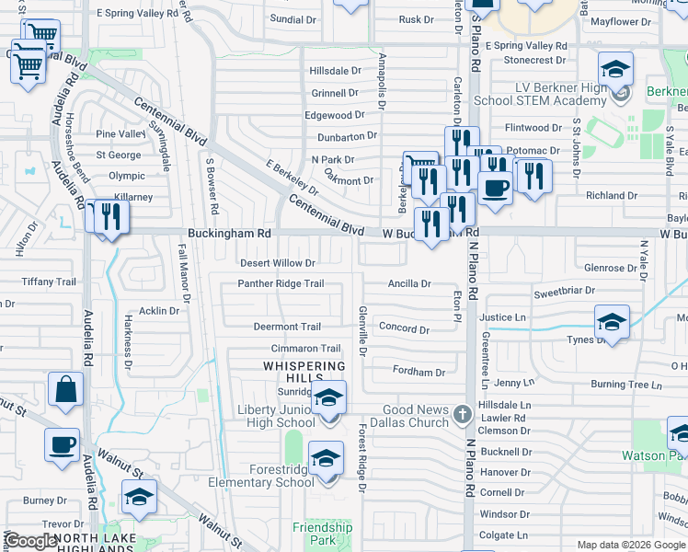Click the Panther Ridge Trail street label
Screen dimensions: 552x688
pos(281,283)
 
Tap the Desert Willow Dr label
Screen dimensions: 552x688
pos(278,263)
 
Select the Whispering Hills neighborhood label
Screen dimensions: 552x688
pos(304,366)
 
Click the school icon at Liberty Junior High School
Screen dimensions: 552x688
pos(327,398)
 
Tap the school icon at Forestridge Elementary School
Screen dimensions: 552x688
pos(326,458)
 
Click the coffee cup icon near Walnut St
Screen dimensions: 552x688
pos(62,444)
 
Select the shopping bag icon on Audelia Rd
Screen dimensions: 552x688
pos(66,388)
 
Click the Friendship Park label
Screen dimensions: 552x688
pos(322,534)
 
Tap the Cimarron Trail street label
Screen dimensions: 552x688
pos(305,349)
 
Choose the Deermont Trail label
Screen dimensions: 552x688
pos(287,327)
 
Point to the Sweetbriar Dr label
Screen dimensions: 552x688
pos(564,290)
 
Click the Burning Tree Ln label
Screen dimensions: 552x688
pos(621,384)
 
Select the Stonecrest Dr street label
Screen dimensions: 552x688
pos(534,60)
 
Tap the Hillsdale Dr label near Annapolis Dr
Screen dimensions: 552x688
pos(336,71)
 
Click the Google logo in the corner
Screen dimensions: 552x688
pos(30,542)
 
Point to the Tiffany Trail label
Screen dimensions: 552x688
pos(49,282)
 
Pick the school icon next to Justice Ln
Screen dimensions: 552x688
pos(611,322)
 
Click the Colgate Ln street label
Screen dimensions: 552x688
pos(503,535)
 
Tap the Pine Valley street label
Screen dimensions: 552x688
pos(121,134)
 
